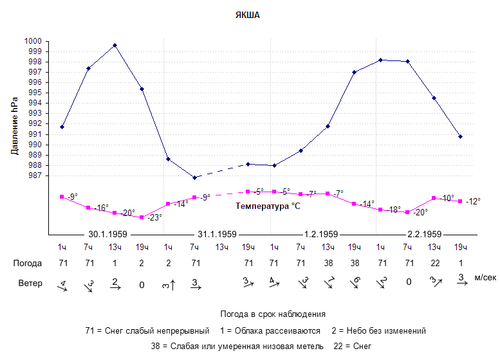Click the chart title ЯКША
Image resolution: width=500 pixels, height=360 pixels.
click(x=247, y=14)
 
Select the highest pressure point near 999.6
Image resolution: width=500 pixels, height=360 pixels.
click(x=115, y=45)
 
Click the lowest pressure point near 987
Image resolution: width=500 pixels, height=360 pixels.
click(x=194, y=177)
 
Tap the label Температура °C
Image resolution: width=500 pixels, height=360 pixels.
click(x=268, y=206)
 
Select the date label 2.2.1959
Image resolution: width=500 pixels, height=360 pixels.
click(x=424, y=234)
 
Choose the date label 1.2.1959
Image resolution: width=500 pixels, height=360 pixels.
click(x=320, y=234)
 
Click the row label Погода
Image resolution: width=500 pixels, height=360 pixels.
click(x=28, y=263)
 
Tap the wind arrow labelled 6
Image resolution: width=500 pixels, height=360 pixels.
click(x=355, y=282)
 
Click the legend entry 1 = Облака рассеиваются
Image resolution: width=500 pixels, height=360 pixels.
click(x=268, y=330)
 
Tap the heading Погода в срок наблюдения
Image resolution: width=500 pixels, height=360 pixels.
click(x=273, y=314)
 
